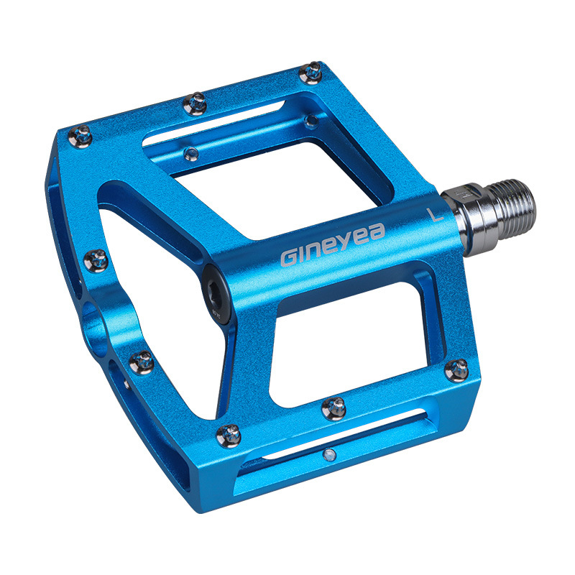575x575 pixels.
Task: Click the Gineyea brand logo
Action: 333,244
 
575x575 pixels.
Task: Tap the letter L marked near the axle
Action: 435,214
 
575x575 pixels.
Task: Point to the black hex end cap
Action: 216,294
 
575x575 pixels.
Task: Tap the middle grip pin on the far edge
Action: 195,103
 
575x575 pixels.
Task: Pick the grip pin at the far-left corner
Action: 80,137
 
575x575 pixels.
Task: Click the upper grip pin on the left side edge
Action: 96,261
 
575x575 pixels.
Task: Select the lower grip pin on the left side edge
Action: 142,362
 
